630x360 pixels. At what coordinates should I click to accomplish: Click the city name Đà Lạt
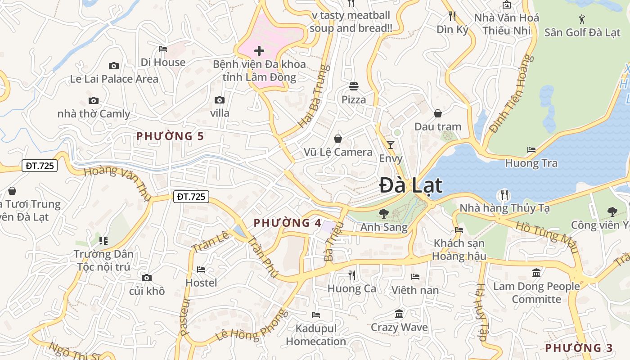(x=410, y=185)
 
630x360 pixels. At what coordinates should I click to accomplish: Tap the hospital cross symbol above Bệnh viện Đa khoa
(x=259, y=50)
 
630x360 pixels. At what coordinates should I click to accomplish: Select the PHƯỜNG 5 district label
(x=170, y=136)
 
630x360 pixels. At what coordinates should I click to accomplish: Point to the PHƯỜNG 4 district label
(x=288, y=223)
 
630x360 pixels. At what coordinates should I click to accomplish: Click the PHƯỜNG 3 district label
(x=579, y=348)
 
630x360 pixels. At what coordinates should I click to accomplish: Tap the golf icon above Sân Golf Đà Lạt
(x=582, y=19)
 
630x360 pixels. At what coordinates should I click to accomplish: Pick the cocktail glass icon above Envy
(x=390, y=144)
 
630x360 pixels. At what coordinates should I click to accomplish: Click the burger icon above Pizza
(x=354, y=86)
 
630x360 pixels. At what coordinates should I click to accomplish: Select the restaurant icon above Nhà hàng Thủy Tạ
(x=504, y=195)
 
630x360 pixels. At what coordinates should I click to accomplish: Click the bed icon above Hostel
(x=201, y=270)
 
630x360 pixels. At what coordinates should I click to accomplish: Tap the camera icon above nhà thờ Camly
(x=94, y=100)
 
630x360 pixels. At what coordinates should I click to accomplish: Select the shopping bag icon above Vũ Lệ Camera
(x=338, y=139)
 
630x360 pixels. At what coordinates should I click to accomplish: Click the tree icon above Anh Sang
(x=383, y=213)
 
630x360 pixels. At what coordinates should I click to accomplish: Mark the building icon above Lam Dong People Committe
(x=536, y=273)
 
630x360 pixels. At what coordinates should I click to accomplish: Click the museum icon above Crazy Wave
(x=399, y=314)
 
